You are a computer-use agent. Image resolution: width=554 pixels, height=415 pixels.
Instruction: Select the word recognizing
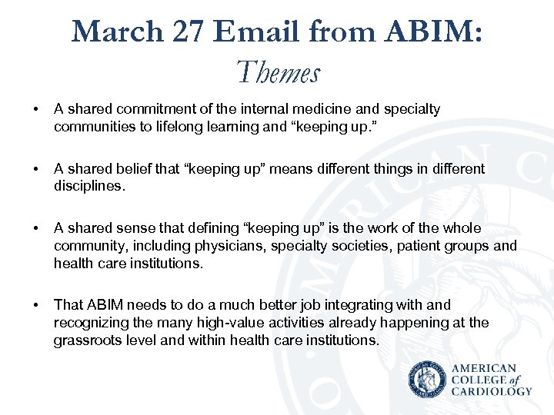click(x=89, y=323)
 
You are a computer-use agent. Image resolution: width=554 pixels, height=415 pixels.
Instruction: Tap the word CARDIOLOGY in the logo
click(x=492, y=391)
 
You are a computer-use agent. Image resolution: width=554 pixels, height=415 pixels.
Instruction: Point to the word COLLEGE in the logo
click(x=479, y=380)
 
